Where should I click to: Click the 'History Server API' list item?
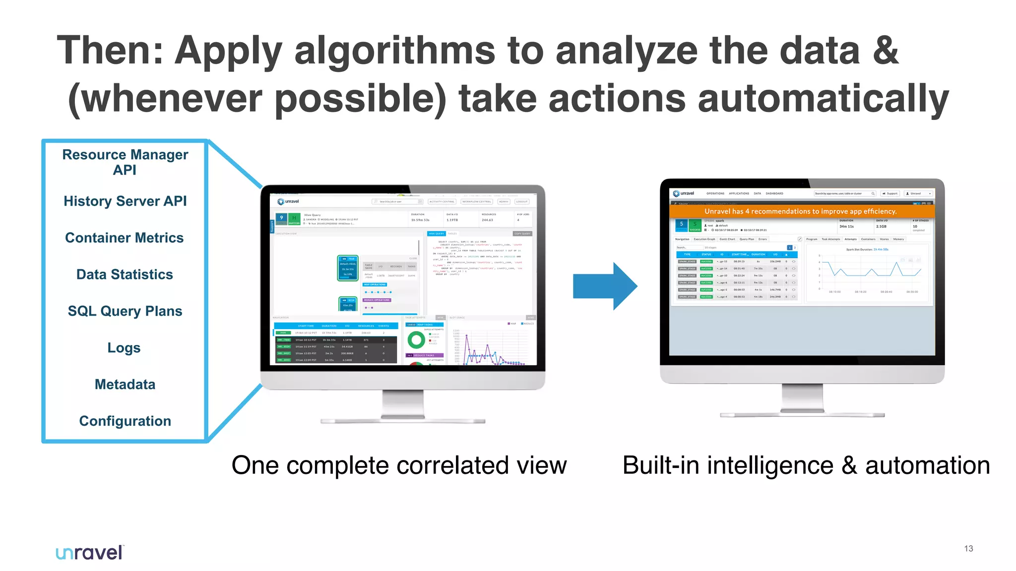point(125,201)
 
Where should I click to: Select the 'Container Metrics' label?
point(125,238)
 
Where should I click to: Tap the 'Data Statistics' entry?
point(125,275)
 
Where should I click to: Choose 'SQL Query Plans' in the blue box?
point(125,311)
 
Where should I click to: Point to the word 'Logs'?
point(124,348)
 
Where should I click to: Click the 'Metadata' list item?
point(125,385)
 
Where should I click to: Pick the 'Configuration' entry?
point(125,421)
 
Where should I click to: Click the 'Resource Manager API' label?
point(125,162)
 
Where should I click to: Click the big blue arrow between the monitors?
point(604,286)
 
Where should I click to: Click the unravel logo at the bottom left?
point(89,552)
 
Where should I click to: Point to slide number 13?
point(968,549)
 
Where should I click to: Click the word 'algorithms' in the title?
point(395,51)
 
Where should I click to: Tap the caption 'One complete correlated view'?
point(399,466)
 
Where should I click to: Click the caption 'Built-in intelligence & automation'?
point(806,466)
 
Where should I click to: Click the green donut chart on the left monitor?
point(416,340)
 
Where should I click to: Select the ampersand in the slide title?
point(886,51)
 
